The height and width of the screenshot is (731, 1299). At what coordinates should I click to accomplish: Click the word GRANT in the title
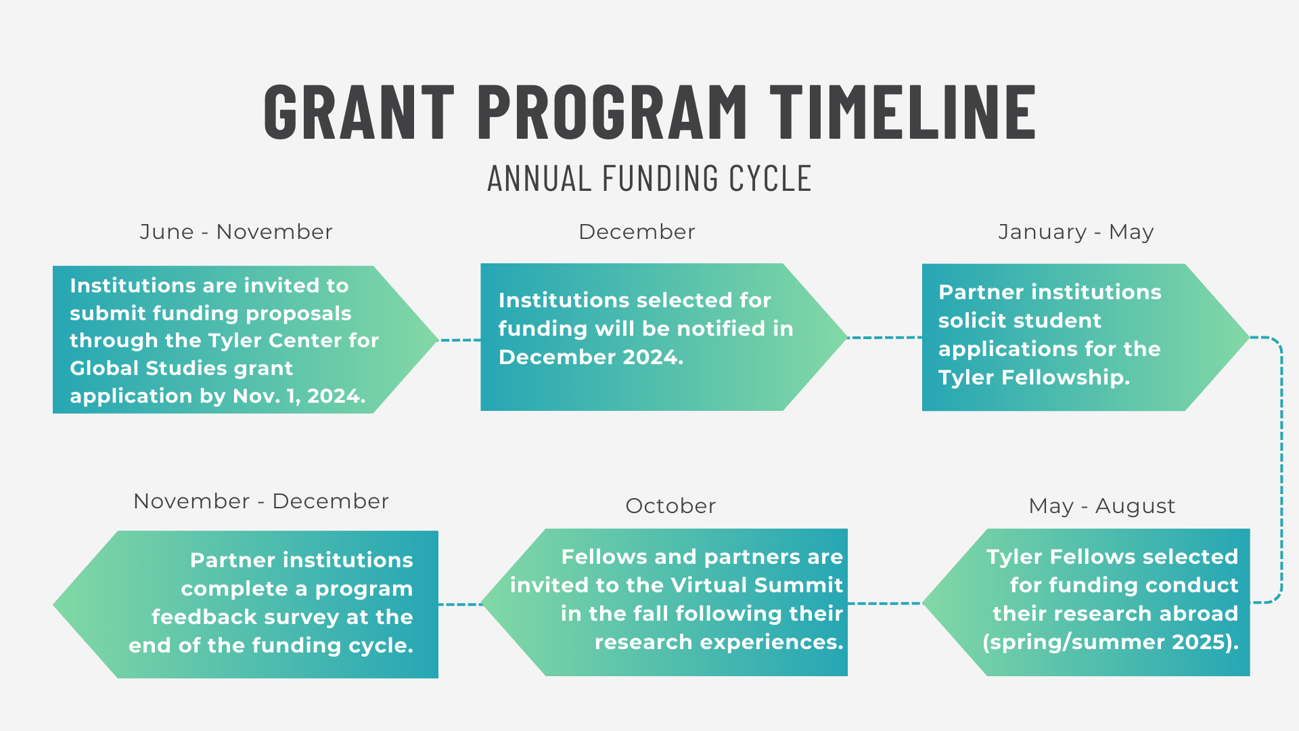359,112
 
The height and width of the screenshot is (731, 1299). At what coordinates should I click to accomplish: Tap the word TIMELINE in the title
903,112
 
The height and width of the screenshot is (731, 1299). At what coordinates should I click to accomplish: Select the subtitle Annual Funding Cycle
649,179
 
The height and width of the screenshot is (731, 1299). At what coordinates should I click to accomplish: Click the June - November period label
236,232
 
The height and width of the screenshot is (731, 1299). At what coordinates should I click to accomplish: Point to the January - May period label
1076,232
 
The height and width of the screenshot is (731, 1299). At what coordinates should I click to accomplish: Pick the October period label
670,506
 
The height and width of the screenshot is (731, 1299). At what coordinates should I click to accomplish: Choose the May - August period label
1101,506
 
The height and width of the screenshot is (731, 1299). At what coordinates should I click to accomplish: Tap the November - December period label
261,501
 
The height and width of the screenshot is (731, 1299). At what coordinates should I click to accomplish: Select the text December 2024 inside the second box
591,357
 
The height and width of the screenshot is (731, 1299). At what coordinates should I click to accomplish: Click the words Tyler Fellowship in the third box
1034,377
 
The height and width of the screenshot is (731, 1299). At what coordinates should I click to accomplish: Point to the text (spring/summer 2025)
1110,642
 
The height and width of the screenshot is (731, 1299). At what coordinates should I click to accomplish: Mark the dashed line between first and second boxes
459,340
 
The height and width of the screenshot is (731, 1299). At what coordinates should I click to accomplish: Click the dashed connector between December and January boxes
884,337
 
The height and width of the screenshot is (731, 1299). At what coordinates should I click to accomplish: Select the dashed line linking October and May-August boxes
884,603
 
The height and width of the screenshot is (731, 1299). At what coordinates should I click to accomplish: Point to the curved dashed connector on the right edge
1281,470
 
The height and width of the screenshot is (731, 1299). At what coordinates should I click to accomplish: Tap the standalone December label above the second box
637,232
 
